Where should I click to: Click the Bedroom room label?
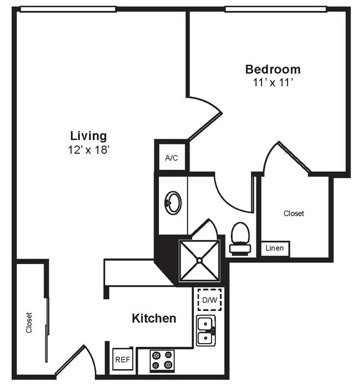click(x=272, y=70)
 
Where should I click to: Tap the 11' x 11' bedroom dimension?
click(x=272, y=83)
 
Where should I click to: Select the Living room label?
click(x=89, y=136)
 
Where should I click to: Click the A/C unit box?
click(x=172, y=158)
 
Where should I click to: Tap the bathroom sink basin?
click(x=173, y=203)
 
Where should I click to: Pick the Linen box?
click(x=275, y=248)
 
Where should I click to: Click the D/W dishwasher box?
click(x=209, y=300)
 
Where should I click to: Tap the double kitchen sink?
click(x=206, y=330)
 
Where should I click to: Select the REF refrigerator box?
click(x=122, y=360)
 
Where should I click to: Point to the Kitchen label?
click(x=154, y=319)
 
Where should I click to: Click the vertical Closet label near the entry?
click(x=29, y=323)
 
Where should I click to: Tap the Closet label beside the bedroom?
click(x=294, y=213)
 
